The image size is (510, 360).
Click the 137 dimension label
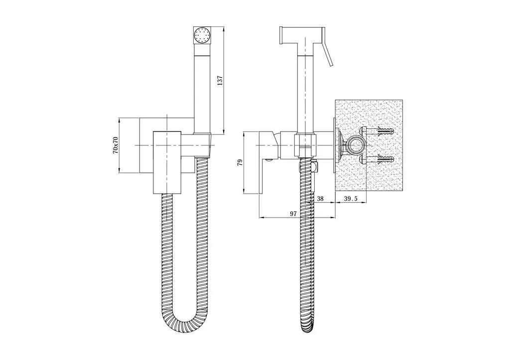[x=220, y=80]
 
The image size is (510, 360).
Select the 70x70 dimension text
[x=115, y=145]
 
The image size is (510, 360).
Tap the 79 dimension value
[x=240, y=163]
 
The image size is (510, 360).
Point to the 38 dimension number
[x=320, y=199]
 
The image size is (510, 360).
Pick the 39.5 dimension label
[x=351, y=199]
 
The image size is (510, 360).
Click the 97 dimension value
[x=293, y=213]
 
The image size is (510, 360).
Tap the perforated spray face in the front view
[x=202, y=34]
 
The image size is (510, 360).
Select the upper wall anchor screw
[x=377, y=132]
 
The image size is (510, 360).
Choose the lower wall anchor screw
[x=377, y=160]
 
